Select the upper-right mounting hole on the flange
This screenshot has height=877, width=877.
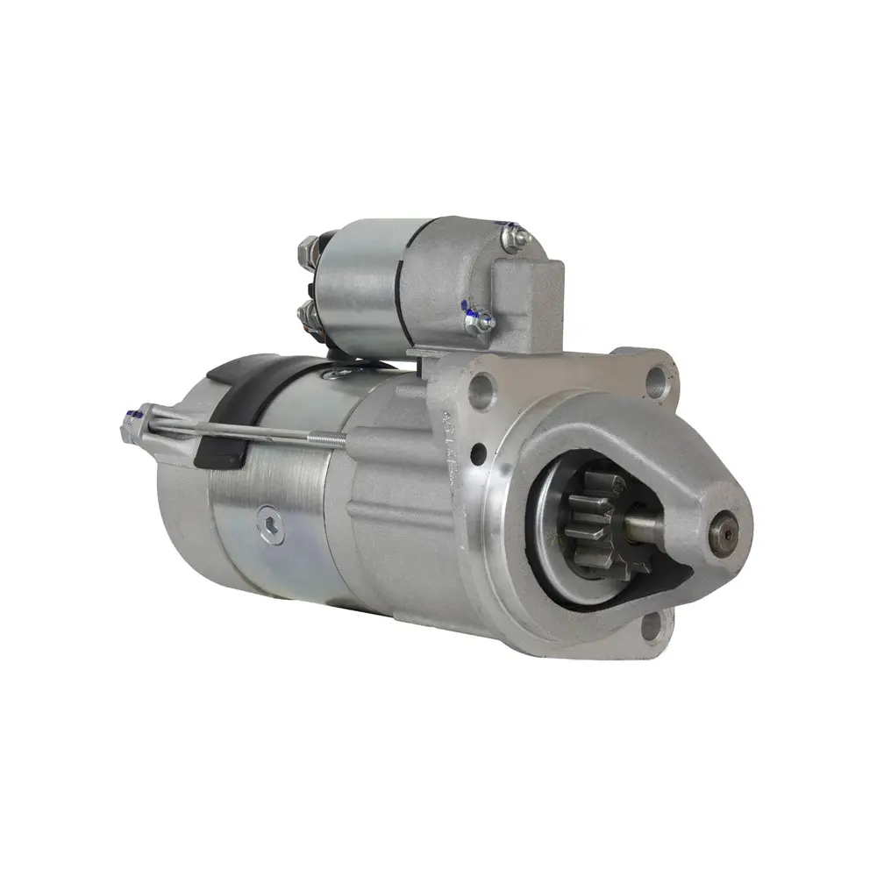[657, 378]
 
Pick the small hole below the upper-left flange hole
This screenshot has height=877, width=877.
[478, 455]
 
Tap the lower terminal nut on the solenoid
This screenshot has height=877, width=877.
[309, 312]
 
